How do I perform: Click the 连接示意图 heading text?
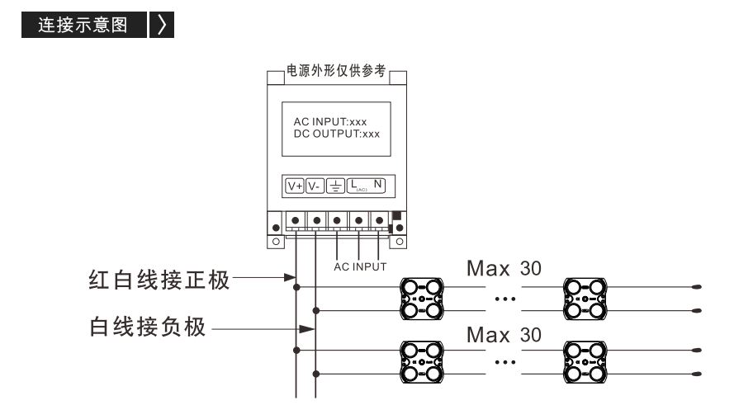point(83,25)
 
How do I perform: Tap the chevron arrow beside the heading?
point(162,25)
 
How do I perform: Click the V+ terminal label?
point(295,186)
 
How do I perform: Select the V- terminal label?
point(315,186)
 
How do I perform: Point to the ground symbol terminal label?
point(335,186)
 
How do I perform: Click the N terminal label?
point(378,184)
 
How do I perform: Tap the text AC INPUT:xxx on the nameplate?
point(330,122)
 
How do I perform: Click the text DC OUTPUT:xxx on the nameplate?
point(337,134)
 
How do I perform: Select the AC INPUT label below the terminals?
point(360,266)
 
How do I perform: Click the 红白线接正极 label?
point(159,280)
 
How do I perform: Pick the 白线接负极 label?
point(148,327)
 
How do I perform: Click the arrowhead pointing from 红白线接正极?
point(290,277)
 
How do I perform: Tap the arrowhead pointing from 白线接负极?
point(307,329)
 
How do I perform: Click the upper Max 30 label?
point(504,268)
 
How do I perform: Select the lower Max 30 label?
point(504,335)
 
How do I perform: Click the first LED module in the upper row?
point(422,299)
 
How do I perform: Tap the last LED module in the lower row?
point(585,362)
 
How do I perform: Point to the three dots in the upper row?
point(505,299)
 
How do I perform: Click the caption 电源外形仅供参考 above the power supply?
point(336,71)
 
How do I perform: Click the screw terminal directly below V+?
point(296,220)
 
